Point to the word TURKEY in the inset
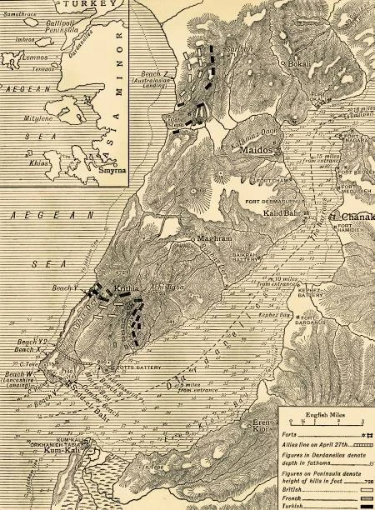pos(77,5)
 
